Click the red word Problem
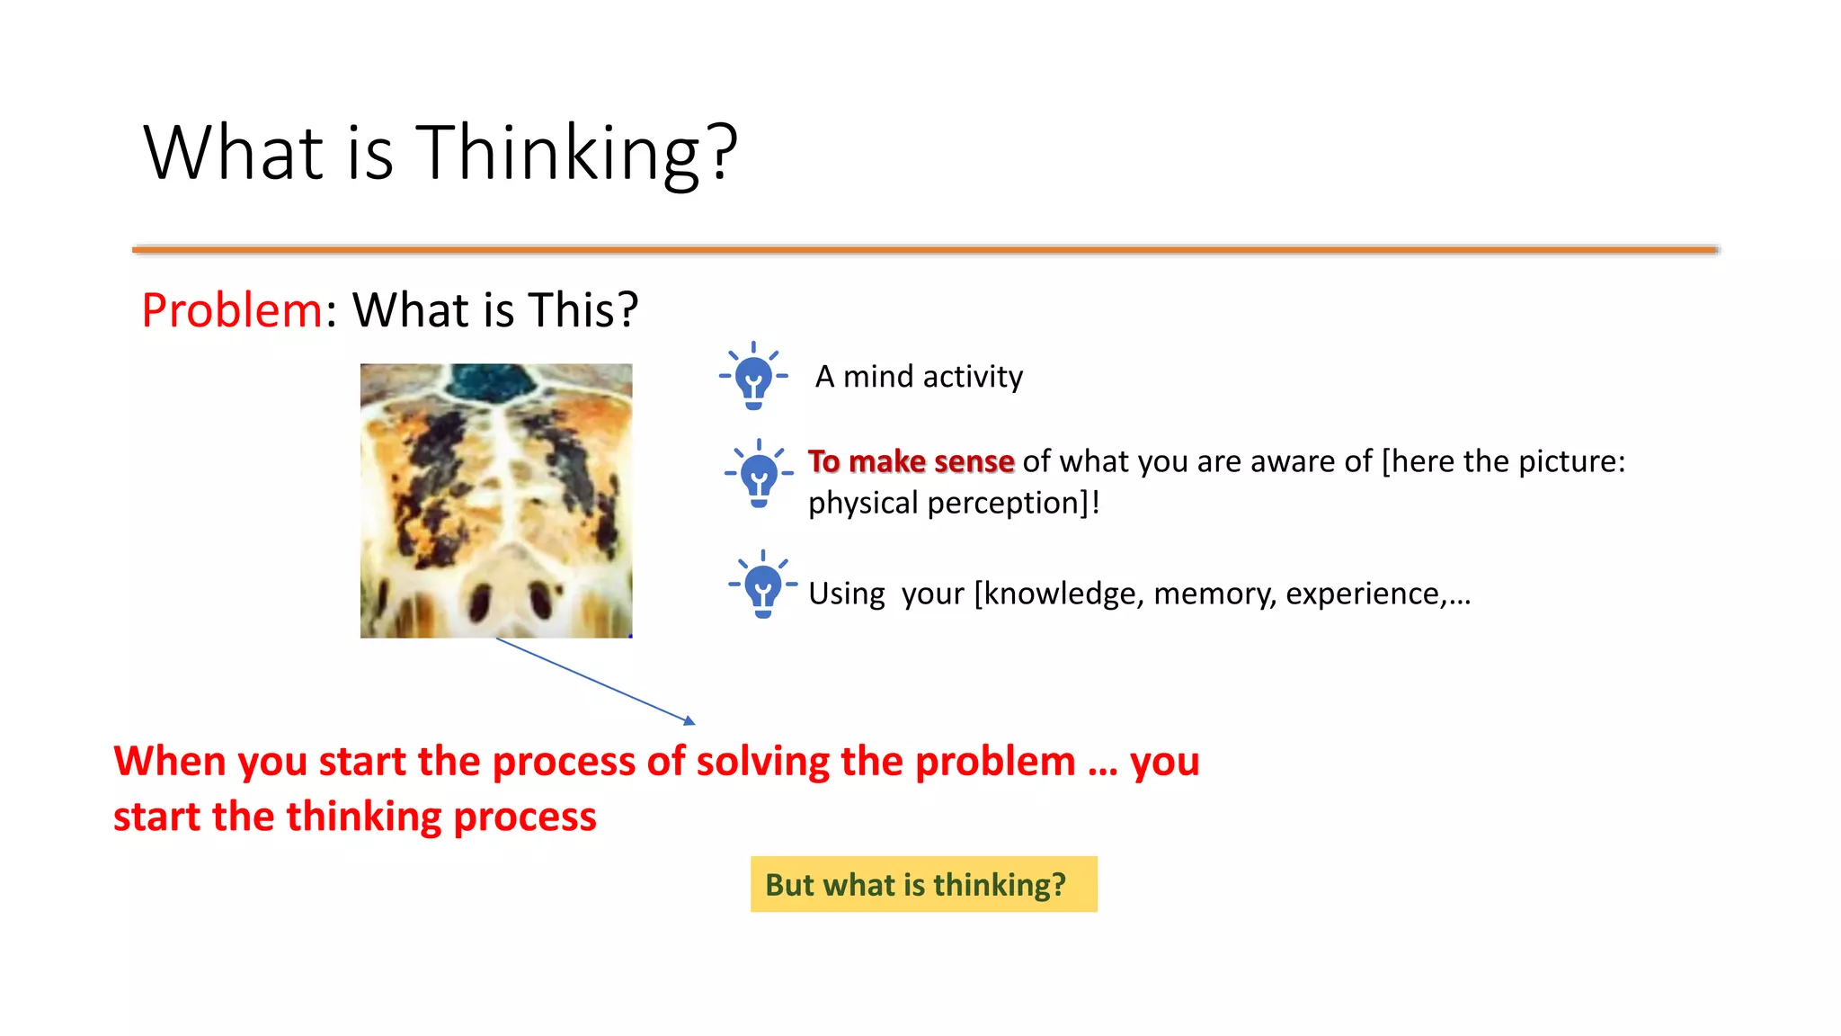[232, 310]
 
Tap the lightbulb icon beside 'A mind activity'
[753, 377]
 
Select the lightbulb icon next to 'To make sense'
[759, 474]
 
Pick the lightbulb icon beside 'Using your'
[762, 585]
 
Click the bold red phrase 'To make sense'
[911, 461]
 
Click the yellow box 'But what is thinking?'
[923, 884]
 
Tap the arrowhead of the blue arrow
[689, 720]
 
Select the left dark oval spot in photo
[480, 600]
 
